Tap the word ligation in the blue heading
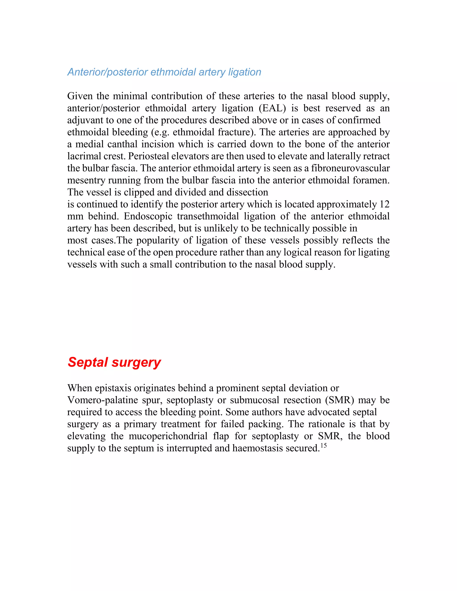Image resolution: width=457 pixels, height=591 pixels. tap(245, 72)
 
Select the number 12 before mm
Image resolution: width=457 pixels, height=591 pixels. tap(384, 204)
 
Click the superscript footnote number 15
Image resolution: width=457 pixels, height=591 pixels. tap(324, 445)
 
